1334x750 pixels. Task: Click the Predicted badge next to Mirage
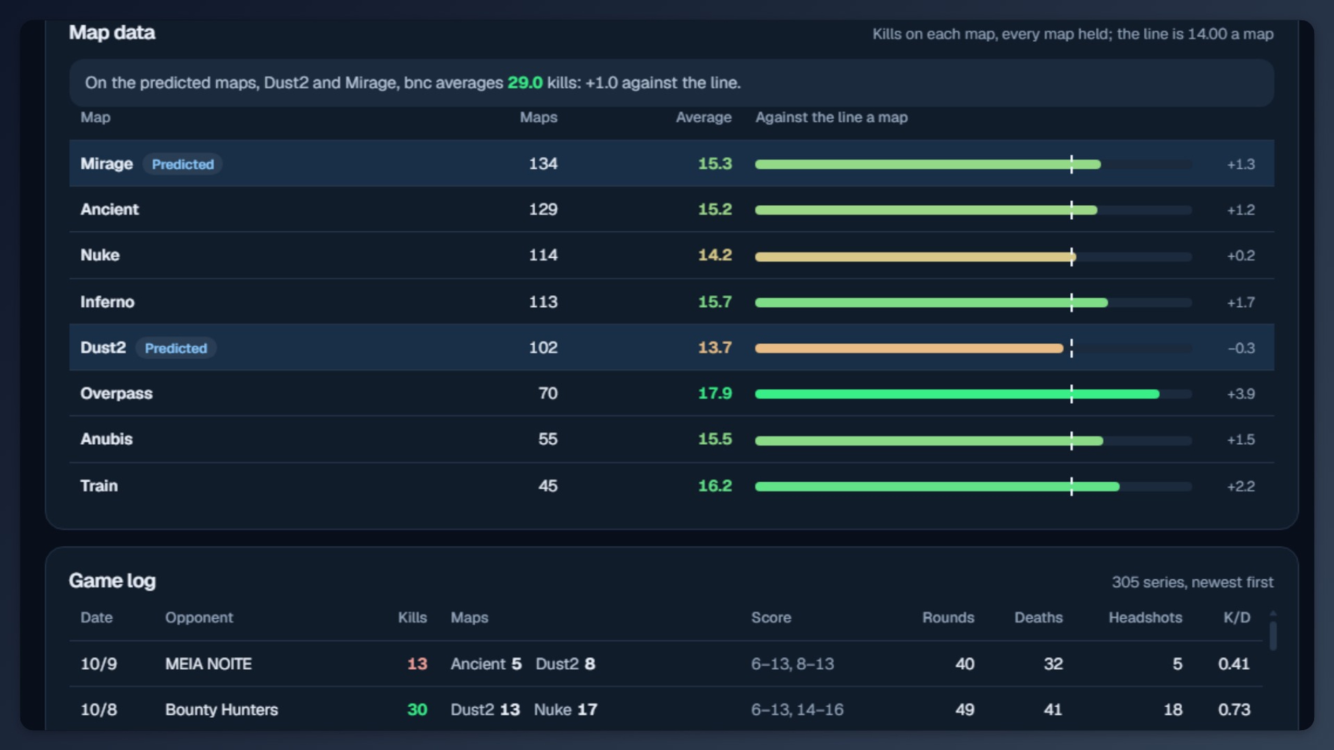click(182, 164)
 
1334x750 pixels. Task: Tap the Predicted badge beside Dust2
click(176, 348)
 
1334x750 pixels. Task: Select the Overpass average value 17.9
click(715, 393)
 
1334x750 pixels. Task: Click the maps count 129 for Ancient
click(543, 209)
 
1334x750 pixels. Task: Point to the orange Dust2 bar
click(909, 348)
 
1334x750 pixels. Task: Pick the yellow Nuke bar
click(916, 256)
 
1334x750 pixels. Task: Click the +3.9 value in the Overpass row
click(1241, 394)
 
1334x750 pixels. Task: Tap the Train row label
click(99, 486)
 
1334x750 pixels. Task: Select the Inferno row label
click(107, 302)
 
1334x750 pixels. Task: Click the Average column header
click(703, 117)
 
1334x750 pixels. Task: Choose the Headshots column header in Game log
click(1145, 618)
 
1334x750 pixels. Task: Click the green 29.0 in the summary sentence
click(525, 83)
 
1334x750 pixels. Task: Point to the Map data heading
click(112, 33)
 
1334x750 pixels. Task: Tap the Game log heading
click(113, 581)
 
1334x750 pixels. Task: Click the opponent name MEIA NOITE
click(208, 664)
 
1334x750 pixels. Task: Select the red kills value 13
click(417, 664)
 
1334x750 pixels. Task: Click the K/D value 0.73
click(1234, 710)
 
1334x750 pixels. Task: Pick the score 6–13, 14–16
click(797, 710)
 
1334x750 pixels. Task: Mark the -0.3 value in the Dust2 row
click(1241, 348)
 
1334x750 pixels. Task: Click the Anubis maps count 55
click(548, 439)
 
